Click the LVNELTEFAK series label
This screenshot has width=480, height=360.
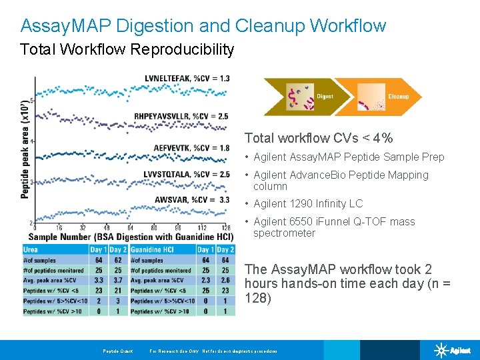(x=187, y=78)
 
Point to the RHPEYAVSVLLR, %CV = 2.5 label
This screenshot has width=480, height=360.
(x=180, y=116)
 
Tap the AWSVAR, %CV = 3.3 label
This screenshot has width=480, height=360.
(x=192, y=199)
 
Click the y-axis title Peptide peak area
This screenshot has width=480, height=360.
(x=25, y=149)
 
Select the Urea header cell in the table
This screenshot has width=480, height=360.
(x=31, y=249)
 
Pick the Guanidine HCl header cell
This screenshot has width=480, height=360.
(x=152, y=249)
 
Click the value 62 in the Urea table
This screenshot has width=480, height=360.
(x=118, y=260)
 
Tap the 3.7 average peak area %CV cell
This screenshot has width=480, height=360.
(x=118, y=280)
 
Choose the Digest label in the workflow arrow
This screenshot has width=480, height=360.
(x=325, y=97)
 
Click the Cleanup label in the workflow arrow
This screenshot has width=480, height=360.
(x=398, y=97)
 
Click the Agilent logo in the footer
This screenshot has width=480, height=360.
(x=453, y=350)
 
